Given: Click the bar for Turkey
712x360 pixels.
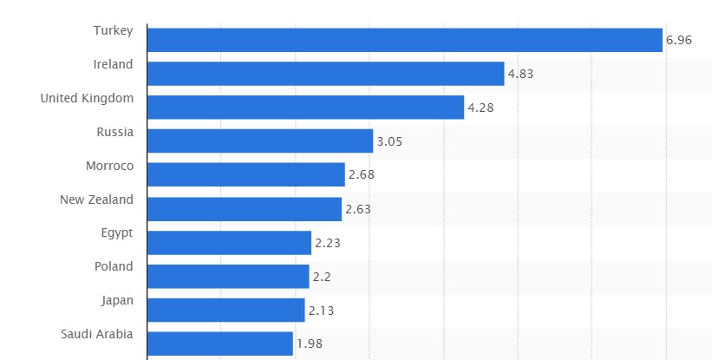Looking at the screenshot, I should click(x=404, y=40).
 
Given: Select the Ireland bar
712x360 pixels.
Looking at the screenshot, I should click(x=325, y=74).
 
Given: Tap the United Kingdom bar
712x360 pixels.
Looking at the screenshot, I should click(x=305, y=108).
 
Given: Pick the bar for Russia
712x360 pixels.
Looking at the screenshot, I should click(x=260, y=141).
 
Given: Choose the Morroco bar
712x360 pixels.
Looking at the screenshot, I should click(x=245, y=175).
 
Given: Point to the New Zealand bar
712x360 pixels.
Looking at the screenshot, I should click(x=245, y=209).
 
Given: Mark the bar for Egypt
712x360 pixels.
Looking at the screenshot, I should click(x=229, y=243).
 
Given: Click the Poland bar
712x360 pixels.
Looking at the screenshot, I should click(x=228, y=277).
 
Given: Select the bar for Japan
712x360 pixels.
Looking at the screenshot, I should click(x=225, y=311).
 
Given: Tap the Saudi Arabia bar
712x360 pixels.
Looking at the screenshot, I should click(x=220, y=344).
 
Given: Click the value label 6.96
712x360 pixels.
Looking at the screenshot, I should click(x=678, y=40).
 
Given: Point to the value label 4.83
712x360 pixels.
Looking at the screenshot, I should click(x=520, y=74).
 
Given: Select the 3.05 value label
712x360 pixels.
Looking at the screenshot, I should click(x=389, y=141).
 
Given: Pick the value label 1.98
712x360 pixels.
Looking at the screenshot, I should click(x=309, y=344).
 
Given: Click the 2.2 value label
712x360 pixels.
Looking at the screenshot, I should click(x=321, y=277).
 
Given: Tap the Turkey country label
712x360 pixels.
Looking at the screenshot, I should click(x=114, y=30).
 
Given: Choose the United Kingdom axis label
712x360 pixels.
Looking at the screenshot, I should click(x=87, y=98).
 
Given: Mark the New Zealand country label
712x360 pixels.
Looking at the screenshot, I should click(x=96, y=200).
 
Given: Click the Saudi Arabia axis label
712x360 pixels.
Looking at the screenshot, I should click(x=97, y=334).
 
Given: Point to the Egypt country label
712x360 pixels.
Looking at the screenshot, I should click(x=117, y=232).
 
